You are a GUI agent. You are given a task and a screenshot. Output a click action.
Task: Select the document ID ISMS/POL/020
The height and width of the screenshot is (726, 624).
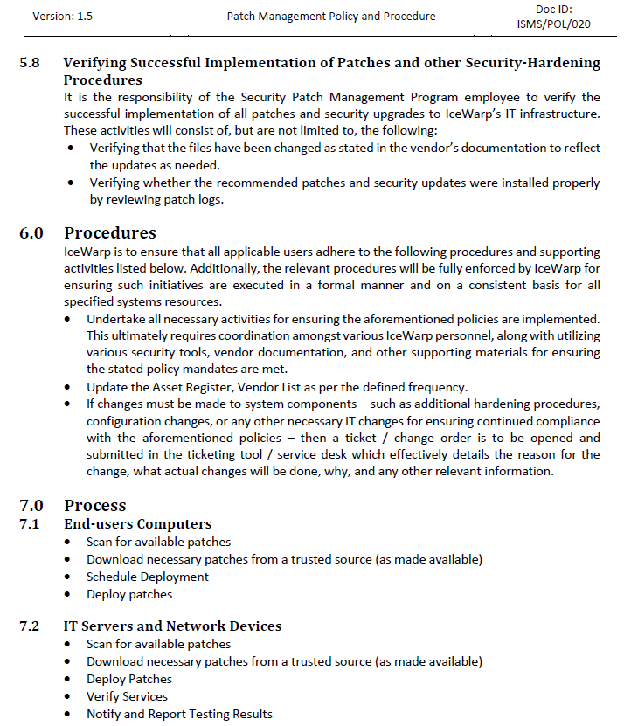(553, 24)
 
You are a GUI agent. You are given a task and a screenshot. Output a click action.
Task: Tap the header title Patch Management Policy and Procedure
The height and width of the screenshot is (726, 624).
(330, 17)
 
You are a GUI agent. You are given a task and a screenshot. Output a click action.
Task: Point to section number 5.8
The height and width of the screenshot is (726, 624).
(30, 63)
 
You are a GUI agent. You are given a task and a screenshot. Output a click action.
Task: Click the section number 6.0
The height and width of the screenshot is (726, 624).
(31, 233)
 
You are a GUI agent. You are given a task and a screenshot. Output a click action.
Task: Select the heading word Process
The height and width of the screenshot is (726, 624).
(94, 505)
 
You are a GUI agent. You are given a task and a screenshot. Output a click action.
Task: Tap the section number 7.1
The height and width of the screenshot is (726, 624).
(30, 524)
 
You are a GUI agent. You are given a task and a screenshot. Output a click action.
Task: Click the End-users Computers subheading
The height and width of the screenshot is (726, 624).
(137, 524)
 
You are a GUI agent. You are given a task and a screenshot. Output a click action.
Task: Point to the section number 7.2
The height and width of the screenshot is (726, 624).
(30, 626)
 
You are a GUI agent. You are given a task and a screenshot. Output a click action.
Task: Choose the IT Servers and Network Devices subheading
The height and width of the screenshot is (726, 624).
(172, 626)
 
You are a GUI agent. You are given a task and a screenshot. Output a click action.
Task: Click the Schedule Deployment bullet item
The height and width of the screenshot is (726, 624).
(147, 577)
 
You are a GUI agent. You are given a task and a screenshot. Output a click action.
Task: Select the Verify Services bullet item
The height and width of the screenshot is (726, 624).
(127, 696)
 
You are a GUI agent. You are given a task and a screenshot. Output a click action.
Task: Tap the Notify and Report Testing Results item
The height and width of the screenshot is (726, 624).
(179, 714)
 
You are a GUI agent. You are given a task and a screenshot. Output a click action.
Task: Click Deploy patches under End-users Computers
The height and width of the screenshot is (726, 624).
(129, 594)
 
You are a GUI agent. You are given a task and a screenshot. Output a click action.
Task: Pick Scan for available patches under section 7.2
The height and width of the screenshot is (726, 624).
(158, 644)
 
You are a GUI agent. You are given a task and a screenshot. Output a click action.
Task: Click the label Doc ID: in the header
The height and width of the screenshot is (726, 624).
(553, 9)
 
